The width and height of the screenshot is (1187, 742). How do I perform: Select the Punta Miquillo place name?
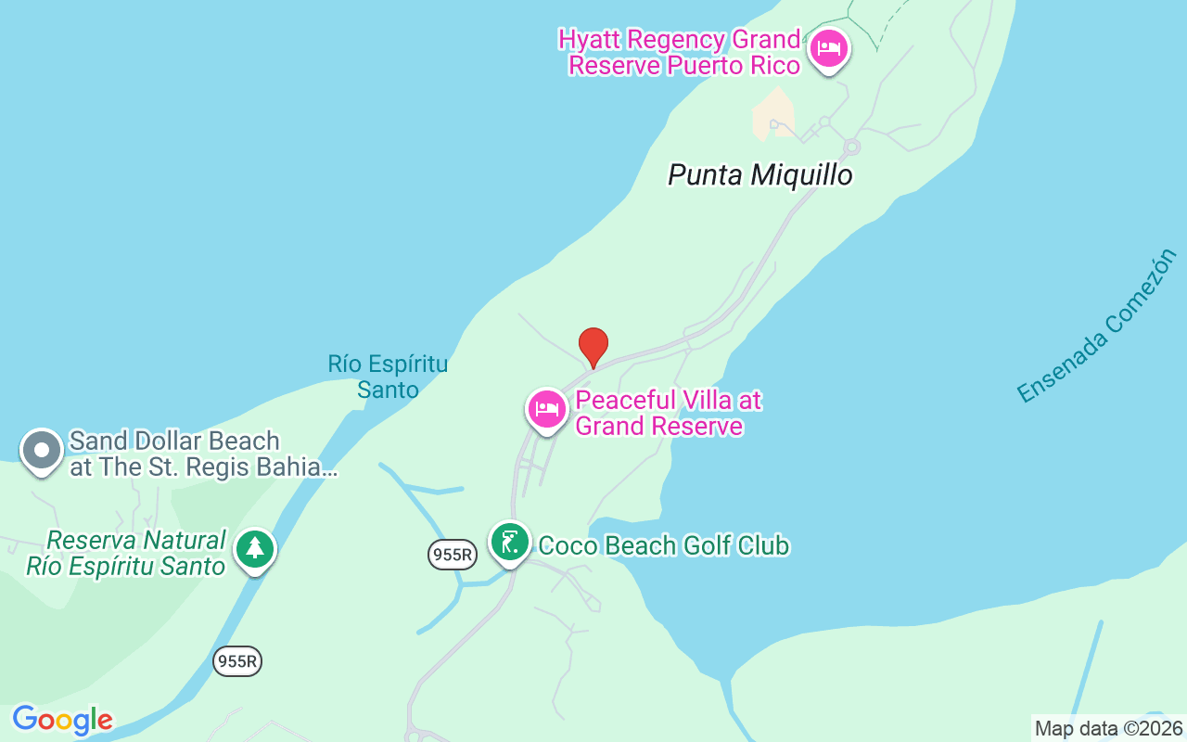(x=759, y=175)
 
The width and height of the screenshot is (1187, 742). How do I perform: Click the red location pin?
(x=593, y=347)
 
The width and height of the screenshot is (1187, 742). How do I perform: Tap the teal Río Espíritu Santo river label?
(x=388, y=377)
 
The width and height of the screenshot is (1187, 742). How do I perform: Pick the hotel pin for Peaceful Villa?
(x=547, y=409)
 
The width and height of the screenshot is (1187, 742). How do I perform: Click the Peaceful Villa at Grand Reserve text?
(x=668, y=413)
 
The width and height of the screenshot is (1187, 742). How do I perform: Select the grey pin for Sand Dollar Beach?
(x=41, y=451)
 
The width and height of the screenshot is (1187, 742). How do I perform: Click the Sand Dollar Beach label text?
(x=202, y=454)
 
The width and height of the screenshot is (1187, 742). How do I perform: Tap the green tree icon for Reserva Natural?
(x=254, y=549)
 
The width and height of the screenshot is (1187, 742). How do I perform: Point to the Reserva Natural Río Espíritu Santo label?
(x=127, y=553)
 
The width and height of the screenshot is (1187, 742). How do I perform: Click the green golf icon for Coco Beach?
(x=509, y=543)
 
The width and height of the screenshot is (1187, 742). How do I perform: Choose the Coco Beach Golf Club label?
(x=664, y=545)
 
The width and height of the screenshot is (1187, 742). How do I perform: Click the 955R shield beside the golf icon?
(x=453, y=555)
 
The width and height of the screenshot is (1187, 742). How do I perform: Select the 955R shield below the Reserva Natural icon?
(x=237, y=661)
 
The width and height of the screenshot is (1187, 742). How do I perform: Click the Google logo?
(x=62, y=720)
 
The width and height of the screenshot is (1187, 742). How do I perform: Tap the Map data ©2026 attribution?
(x=1108, y=729)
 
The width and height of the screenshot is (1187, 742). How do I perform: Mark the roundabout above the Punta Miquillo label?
(x=851, y=147)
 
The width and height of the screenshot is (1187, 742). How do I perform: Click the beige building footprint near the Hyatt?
(x=773, y=114)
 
